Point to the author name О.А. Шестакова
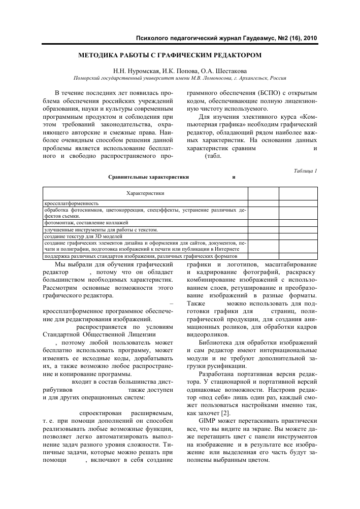227,71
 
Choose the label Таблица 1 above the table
305,171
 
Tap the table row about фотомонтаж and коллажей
86,223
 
